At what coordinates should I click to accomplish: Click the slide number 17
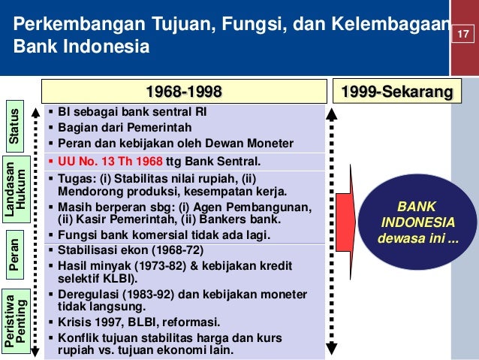[462, 35]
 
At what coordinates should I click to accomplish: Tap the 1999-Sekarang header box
[397, 92]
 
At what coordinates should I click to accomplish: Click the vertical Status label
[14, 128]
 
